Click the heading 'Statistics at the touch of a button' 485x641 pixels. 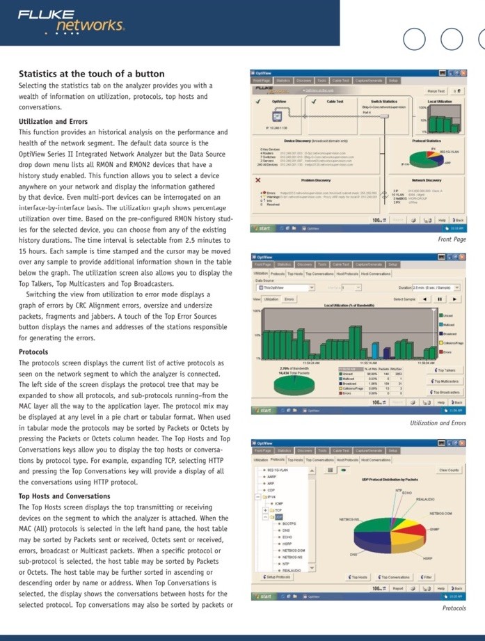click(x=91, y=74)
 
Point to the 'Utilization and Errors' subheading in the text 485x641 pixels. click(x=53, y=122)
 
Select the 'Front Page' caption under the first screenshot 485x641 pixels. click(x=452, y=239)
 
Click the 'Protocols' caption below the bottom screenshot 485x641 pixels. click(x=454, y=608)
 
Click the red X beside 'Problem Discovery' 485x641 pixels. click(x=258, y=180)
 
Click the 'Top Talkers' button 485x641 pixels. click(x=445, y=370)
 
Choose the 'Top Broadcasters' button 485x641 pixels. click(x=445, y=392)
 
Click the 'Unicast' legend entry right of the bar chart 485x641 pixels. click(x=448, y=316)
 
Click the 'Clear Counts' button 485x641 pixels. click(x=448, y=470)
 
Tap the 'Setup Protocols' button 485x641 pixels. click(x=278, y=577)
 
